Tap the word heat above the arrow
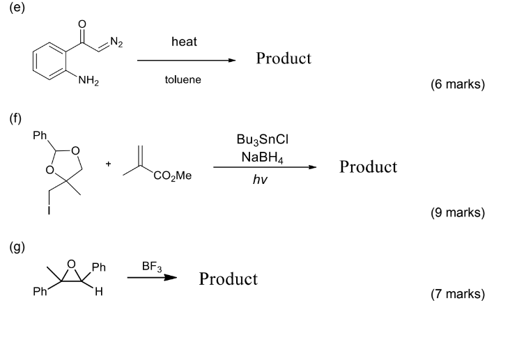[184, 42]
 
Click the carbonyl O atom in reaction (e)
[82, 25]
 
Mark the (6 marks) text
[458, 85]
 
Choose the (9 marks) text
[458, 212]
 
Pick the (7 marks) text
[458, 295]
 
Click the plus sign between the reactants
[108, 164]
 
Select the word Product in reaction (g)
[228, 279]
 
